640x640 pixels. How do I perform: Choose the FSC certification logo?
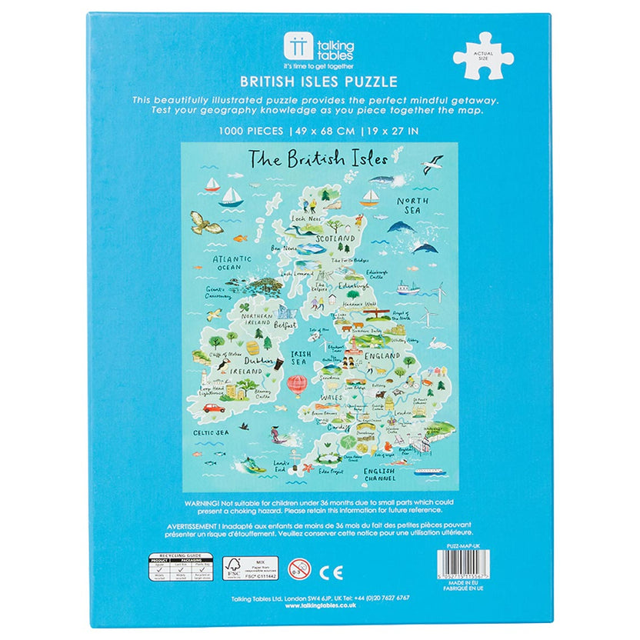(x=232, y=568)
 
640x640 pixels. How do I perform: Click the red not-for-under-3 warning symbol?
(x=299, y=571)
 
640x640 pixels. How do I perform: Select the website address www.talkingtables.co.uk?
(x=320, y=606)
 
